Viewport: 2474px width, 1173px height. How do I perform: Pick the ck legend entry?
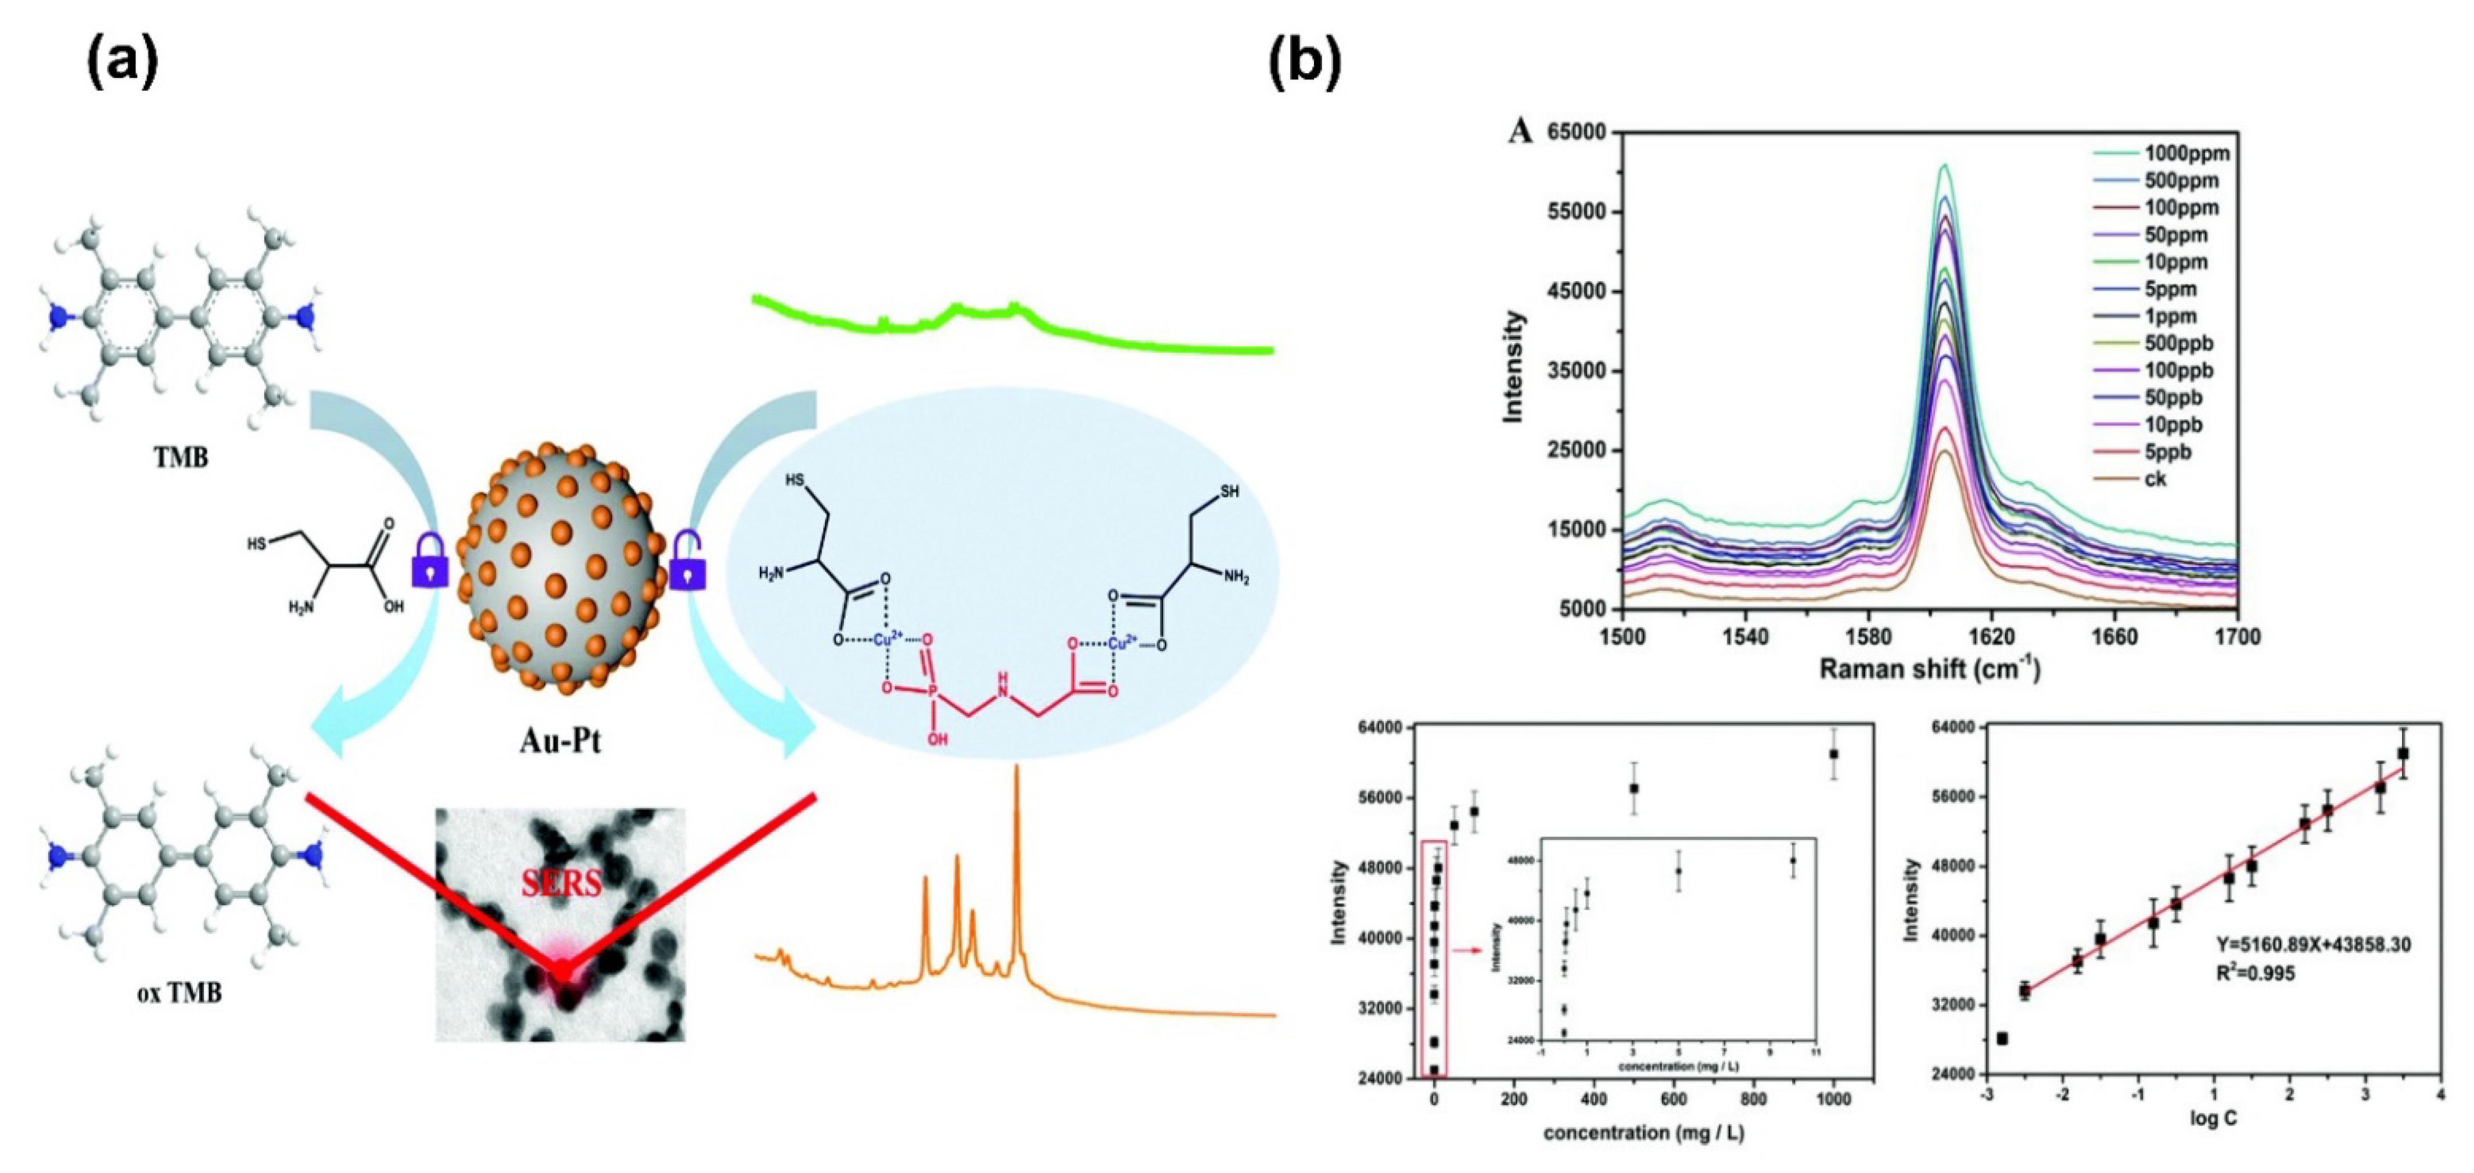click(x=2155, y=478)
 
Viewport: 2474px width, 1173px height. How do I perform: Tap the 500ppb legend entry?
click(x=2178, y=343)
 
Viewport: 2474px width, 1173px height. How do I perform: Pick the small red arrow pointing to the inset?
click(x=1467, y=950)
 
